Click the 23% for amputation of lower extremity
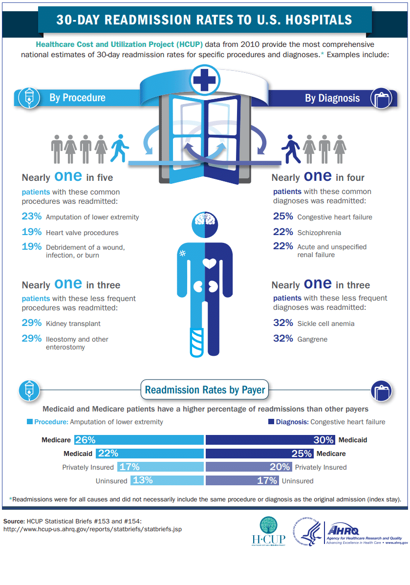pos(32,217)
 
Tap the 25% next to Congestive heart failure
pos(283,217)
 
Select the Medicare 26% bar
pos(139,440)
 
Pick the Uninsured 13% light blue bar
pos(167,480)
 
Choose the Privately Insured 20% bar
pos(249,467)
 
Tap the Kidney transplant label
pos(73,324)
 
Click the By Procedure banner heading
pos(77,98)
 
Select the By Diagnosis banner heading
pos(332,98)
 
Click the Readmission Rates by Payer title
pos(205,390)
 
